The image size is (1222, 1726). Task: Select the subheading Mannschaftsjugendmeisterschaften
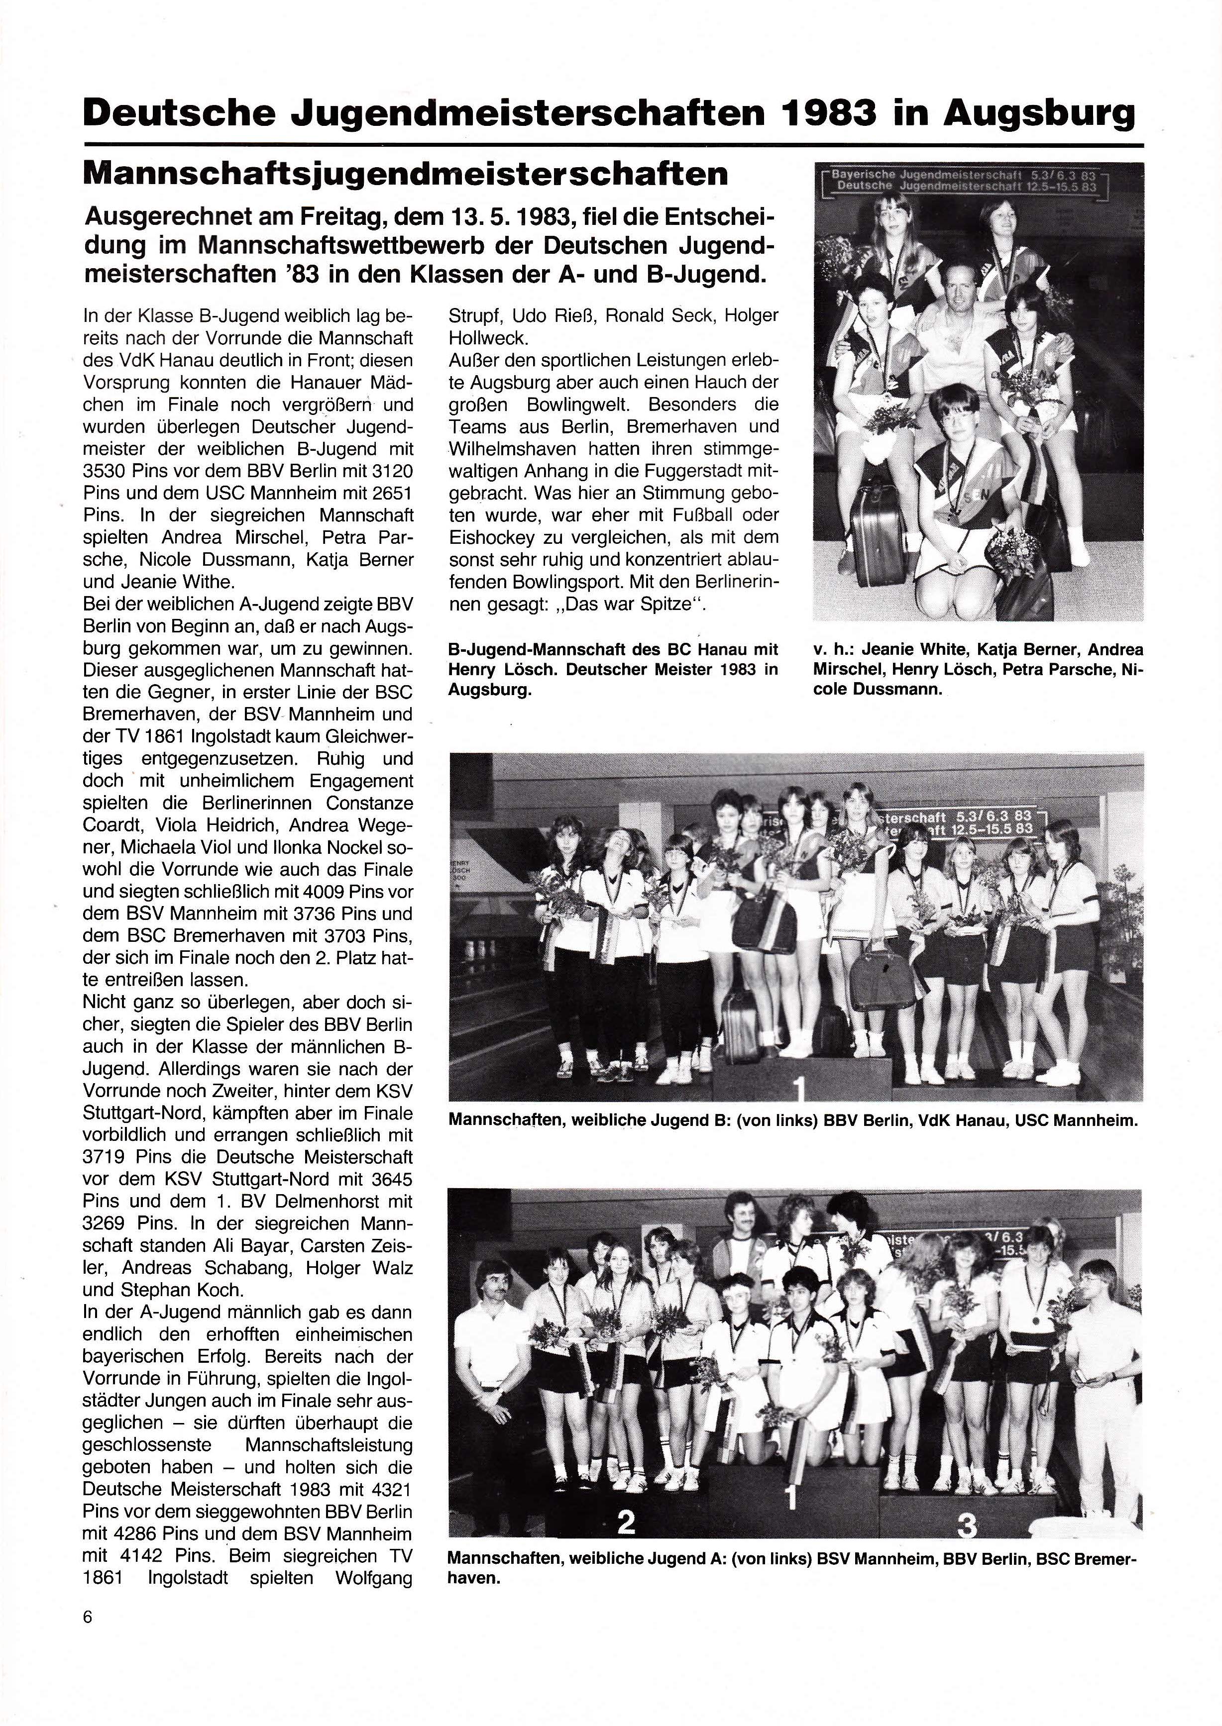[x=406, y=175]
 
